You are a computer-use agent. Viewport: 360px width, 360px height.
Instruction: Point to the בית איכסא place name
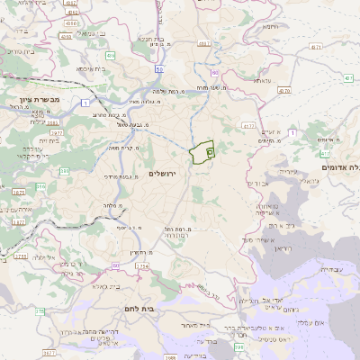pyautogui.click(x=94, y=68)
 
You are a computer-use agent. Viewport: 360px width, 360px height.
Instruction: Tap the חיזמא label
pyautogui.click(x=274, y=27)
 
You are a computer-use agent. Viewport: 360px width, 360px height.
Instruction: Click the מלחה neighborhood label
pyautogui.click(x=112, y=205)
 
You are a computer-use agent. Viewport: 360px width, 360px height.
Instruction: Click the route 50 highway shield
pyautogui.click(x=158, y=68)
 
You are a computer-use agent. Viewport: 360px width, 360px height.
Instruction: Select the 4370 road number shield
pyautogui.click(x=284, y=90)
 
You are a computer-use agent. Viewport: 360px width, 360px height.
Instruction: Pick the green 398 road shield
pyautogui.click(x=238, y=346)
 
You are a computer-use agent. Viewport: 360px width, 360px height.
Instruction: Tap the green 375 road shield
pyautogui.click(x=39, y=311)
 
